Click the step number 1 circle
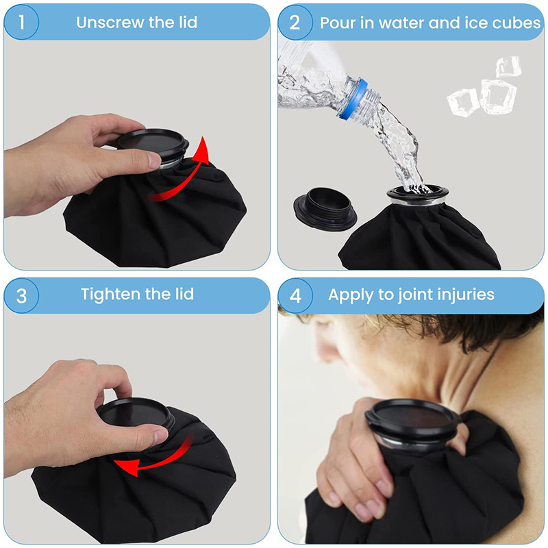coord(21,22)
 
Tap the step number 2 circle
coord(295,22)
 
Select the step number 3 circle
coord(21,296)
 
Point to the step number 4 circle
coord(295,296)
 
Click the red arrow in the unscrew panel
coord(182,175)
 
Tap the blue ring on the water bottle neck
coord(353,99)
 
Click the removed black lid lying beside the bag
coord(325,209)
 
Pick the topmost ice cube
coord(508,66)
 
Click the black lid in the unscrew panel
coord(152,143)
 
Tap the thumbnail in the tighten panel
coord(161,436)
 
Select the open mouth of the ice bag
coord(418,193)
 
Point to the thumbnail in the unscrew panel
coord(154,160)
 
